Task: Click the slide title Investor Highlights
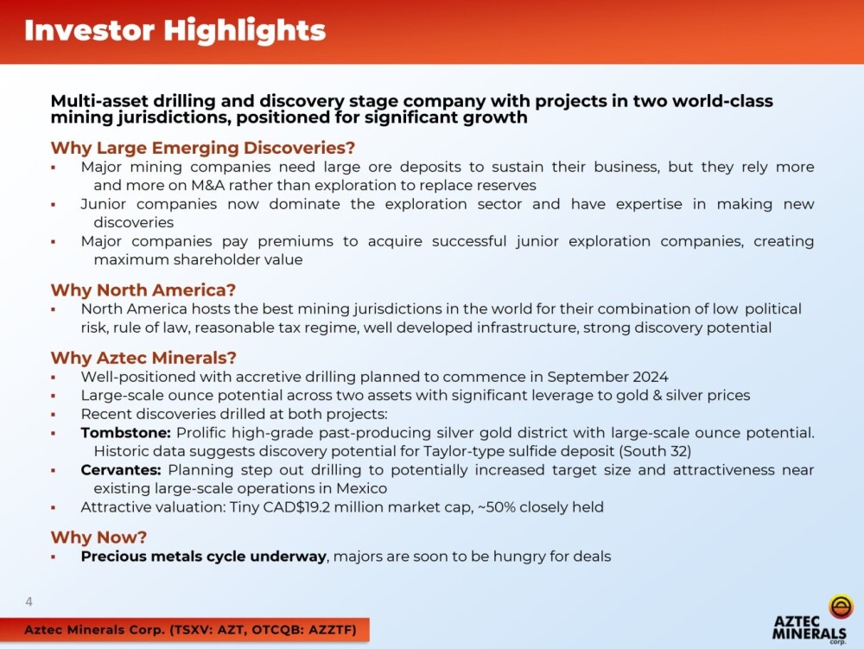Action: [x=175, y=31]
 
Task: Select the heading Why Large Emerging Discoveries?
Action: [x=203, y=148]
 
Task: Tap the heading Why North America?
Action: [x=143, y=290]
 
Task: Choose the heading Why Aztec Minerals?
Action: [x=143, y=358]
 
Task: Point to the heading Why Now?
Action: [x=98, y=538]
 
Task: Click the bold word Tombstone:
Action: [x=125, y=433]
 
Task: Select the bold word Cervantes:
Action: [x=121, y=470]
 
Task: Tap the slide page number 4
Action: [x=29, y=601]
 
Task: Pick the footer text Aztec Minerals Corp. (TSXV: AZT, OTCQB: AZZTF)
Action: [x=191, y=630]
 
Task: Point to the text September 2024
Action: [x=607, y=377]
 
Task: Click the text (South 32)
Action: [x=655, y=451]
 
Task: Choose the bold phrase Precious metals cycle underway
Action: [x=204, y=557]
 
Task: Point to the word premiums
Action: [x=295, y=241]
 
